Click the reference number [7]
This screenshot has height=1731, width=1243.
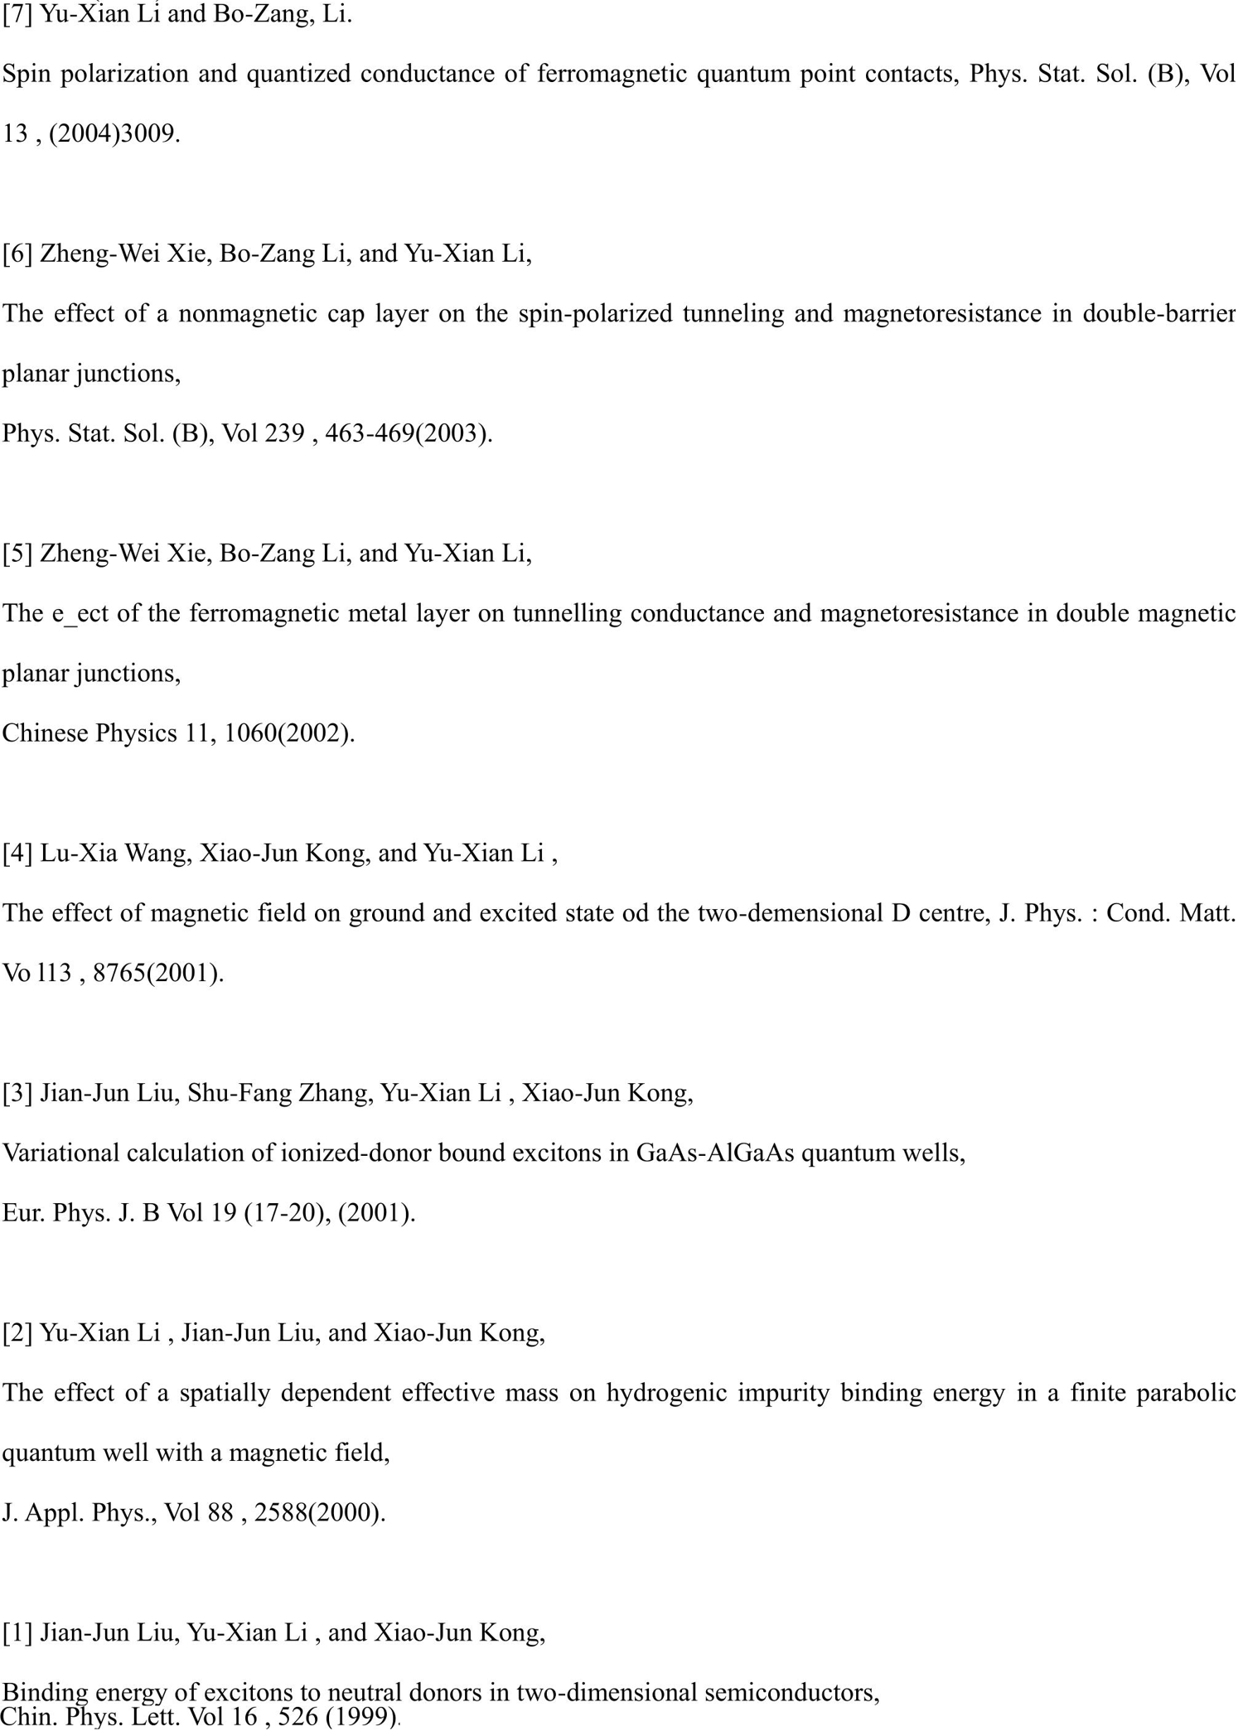pyautogui.click(x=17, y=15)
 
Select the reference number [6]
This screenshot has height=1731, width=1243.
pyautogui.click(x=17, y=254)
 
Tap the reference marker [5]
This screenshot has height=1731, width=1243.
pyautogui.click(x=17, y=553)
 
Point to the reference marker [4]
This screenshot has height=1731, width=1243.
pyautogui.click(x=17, y=853)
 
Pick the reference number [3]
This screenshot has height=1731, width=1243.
pyautogui.click(x=17, y=1093)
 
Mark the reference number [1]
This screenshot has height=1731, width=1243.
pyautogui.click(x=17, y=1632)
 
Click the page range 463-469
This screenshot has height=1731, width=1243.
pyautogui.click(x=369, y=433)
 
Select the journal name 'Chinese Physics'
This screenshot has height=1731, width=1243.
pyautogui.click(x=89, y=733)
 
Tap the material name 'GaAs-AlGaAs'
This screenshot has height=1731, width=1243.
pyautogui.click(x=715, y=1153)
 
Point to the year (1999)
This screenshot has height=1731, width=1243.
pyautogui.click(x=361, y=1716)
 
